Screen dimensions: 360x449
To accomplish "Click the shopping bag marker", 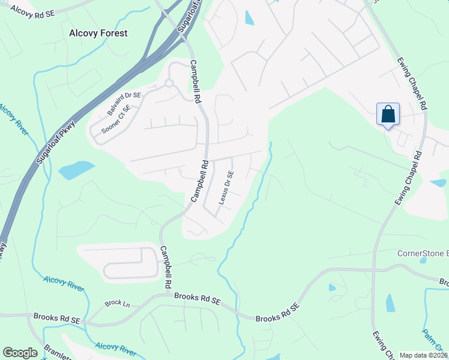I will tap(388, 114).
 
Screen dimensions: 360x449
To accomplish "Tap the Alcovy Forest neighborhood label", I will tap(98, 34).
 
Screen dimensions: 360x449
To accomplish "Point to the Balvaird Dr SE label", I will tap(124, 103).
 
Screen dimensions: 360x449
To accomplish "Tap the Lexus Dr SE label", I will tap(226, 187).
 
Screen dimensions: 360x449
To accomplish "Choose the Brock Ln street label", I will tap(117, 304).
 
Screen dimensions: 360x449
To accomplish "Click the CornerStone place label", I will tap(423, 253).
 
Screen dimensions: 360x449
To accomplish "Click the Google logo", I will tap(20, 353).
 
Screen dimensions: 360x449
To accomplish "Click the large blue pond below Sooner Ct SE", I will tap(76, 170).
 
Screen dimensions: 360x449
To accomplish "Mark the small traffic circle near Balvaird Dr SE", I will tap(169, 83).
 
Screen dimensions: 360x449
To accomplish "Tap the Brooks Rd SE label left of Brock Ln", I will tap(57, 317).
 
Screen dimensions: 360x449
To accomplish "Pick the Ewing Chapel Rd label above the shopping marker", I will tap(412, 83).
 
